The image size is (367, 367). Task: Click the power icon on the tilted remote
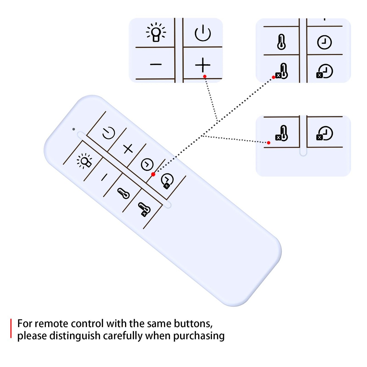tap(109, 133)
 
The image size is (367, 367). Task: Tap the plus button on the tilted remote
tap(128, 149)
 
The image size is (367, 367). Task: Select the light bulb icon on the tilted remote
tap(84, 161)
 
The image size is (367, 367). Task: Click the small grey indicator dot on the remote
tap(74, 129)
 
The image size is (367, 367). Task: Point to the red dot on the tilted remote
tap(153, 174)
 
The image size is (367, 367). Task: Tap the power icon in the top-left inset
tap(203, 33)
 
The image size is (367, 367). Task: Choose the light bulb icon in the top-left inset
tap(156, 32)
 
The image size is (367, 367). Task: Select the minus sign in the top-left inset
tap(156, 65)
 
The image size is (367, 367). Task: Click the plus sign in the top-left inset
tap(203, 65)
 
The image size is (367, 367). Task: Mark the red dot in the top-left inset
tap(205, 77)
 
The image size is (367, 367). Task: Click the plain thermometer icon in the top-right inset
tap(281, 42)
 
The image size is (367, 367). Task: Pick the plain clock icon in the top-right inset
tap(324, 42)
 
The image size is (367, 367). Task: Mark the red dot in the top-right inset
tap(274, 77)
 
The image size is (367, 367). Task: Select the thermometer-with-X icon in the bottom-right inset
tap(282, 133)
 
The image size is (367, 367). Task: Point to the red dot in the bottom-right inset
tap(269, 143)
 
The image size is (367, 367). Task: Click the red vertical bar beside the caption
tap(11, 328)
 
